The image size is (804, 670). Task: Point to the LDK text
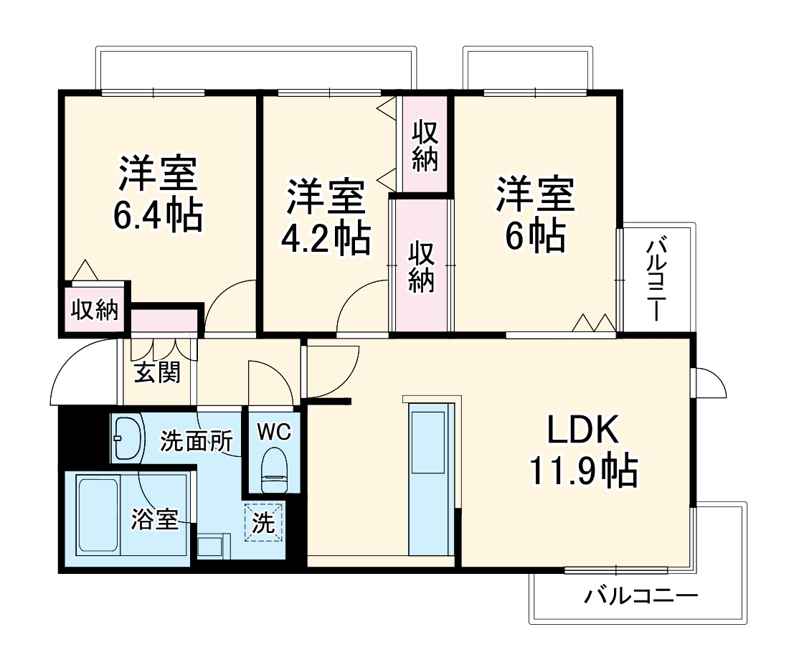tap(582, 431)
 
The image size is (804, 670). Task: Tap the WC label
tap(273, 432)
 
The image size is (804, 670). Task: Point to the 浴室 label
tap(154, 519)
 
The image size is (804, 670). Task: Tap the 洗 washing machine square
tap(264, 522)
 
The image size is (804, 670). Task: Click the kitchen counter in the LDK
tap(431, 478)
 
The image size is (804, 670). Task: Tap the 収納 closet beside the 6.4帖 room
tap(94, 311)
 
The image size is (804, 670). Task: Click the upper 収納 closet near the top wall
tap(425, 146)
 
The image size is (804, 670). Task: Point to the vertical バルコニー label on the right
tap(656, 280)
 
